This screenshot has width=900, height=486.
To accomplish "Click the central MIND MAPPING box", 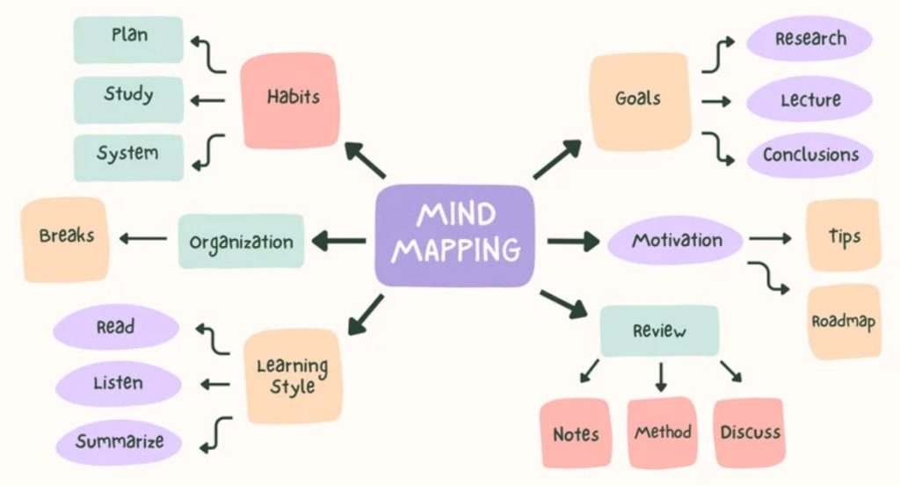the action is [454, 236].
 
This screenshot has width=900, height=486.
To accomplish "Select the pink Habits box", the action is [290, 100].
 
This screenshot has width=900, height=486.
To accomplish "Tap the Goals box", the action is [640, 102].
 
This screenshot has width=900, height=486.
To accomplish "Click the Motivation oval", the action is [675, 240].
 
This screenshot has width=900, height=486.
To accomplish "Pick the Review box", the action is [659, 330].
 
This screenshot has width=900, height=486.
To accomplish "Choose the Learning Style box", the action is [294, 376].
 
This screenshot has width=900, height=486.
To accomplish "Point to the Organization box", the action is [241, 242].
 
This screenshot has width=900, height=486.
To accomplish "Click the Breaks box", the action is [65, 239].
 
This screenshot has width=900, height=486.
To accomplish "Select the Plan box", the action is [128, 40].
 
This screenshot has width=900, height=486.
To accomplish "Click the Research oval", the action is [809, 39].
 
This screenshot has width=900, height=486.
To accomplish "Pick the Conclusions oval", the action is [809, 155].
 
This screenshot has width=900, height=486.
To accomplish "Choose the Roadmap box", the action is [844, 322].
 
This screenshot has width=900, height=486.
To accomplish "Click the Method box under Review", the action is [663, 432].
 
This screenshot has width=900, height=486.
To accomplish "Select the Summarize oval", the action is [119, 442].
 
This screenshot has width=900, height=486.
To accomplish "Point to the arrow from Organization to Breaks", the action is [143, 238].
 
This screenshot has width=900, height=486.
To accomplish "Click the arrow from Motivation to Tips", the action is [770, 239].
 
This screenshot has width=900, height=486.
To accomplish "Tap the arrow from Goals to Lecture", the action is [716, 102].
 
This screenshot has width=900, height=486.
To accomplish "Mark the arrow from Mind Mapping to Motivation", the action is [573, 241].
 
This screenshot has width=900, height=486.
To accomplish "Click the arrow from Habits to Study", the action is [207, 100].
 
